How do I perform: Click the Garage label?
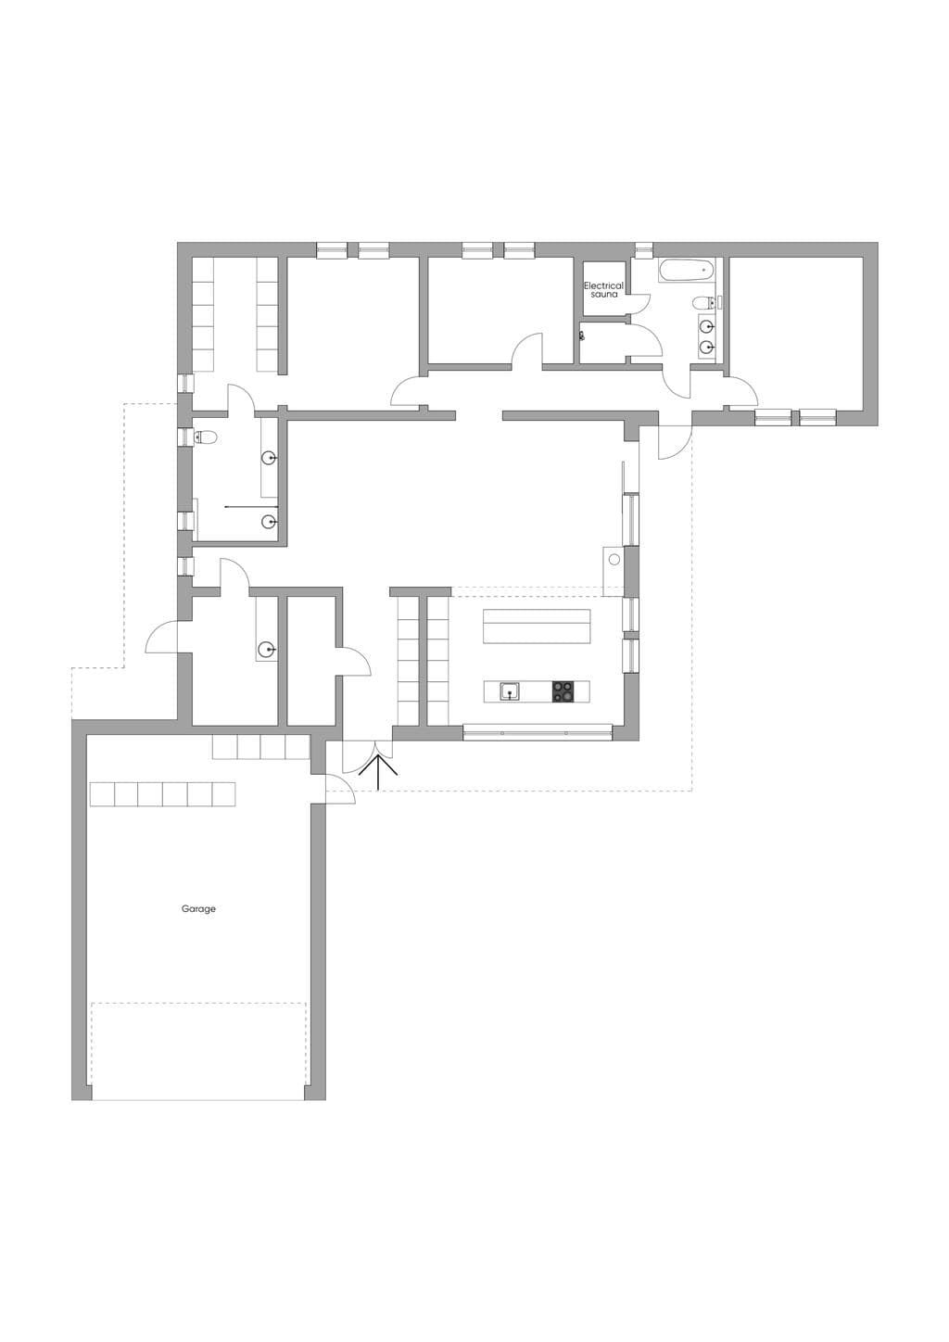click(x=198, y=909)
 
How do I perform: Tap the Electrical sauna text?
click(x=603, y=290)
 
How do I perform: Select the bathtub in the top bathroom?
click(x=686, y=271)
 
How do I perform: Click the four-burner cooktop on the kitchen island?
click(x=563, y=691)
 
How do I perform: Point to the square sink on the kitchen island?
click(x=510, y=691)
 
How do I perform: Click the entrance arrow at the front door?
click(x=378, y=772)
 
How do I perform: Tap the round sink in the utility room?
click(x=266, y=648)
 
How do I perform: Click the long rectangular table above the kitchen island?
click(x=537, y=627)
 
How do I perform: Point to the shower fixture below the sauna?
click(x=582, y=336)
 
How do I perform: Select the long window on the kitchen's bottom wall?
click(x=538, y=732)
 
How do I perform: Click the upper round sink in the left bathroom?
click(x=270, y=459)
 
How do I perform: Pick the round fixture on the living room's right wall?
click(x=614, y=560)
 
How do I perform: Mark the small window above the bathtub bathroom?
click(x=643, y=250)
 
